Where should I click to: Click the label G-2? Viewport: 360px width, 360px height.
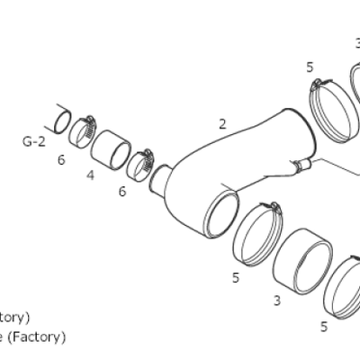pyautogui.click(x=33, y=141)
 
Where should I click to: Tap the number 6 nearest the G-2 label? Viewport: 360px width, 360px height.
pyautogui.click(x=61, y=159)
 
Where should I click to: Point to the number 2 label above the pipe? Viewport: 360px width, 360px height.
pyautogui.click(x=222, y=124)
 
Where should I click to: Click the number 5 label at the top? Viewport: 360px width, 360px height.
pyautogui.click(x=310, y=67)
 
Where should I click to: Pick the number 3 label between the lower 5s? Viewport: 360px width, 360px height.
pyautogui.click(x=276, y=299)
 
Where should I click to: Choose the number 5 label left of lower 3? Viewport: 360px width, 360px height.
pyautogui.click(x=236, y=277)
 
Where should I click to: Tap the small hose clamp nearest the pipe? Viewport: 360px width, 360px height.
pyautogui.click(x=141, y=164)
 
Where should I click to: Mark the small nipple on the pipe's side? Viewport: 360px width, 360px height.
pyautogui.click(x=300, y=165)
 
